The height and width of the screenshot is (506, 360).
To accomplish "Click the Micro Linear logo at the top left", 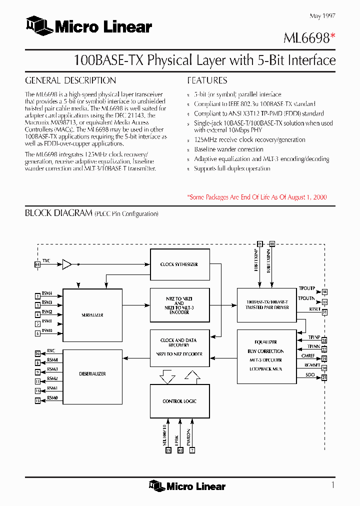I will tap(88, 26).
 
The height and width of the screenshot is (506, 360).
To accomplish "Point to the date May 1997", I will tap(322, 16).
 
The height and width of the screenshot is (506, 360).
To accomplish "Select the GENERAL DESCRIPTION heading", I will tap(70, 80).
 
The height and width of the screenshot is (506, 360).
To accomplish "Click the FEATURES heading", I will tap(207, 80).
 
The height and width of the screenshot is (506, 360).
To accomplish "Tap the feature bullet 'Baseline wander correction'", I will tap(228, 149).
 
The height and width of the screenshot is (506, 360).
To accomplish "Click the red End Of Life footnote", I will tap(257, 197).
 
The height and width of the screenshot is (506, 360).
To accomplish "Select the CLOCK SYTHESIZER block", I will tap(179, 264).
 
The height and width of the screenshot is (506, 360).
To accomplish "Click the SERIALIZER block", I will tap(92, 315).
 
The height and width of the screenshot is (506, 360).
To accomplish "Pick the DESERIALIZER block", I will tap(92, 374).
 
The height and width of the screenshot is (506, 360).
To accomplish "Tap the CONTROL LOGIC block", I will tap(179, 401).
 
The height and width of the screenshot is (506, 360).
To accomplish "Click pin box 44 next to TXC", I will tap(37, 264).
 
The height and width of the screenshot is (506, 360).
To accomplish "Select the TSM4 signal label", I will tap(46, 293).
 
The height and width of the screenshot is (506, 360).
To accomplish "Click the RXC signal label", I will tap(51, 351).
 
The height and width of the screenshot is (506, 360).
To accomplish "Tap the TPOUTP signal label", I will tap(306, 288).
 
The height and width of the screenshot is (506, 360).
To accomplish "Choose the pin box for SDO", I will tap(324, 377).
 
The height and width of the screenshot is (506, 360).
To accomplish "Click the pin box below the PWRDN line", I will tap(192, 450).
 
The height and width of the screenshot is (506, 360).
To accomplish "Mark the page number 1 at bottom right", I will tap(332, 484).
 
